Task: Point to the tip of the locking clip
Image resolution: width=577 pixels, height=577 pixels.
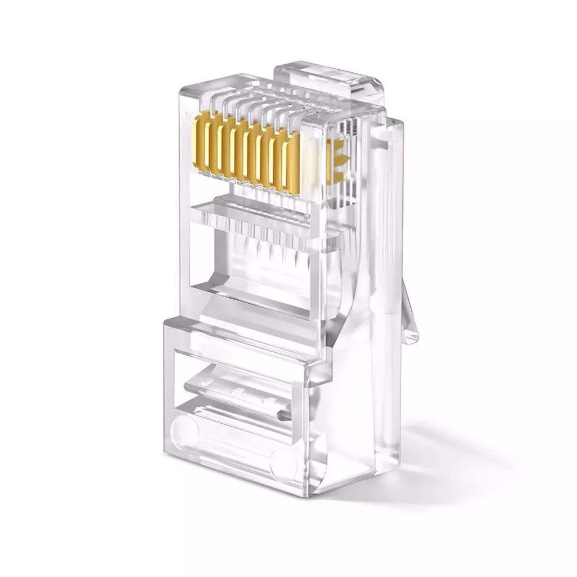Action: [x=414, y=338]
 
